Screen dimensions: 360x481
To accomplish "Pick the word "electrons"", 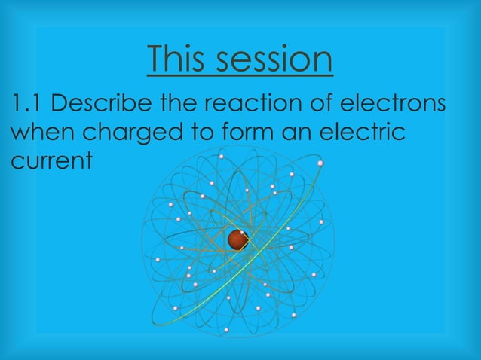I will pyautogui.click(x=405, y=103).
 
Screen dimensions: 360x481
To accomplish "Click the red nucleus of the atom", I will pyautogui.click(x=238, y=240).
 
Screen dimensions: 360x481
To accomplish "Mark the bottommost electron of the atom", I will pyautogui.click(x=226, y=330).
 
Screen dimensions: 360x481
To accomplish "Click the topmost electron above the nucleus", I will pyautogui.click(x=222, y=157).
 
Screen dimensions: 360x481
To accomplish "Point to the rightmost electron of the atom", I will pyautogui.click(x=321, y=222).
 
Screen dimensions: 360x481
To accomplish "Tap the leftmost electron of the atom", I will pyautogui.click(x=158, y=260).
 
